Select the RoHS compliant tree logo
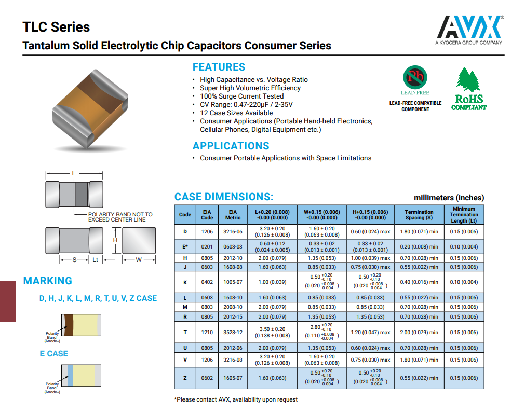[468, 88]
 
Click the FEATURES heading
[219, 67]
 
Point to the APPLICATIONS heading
[231, 146]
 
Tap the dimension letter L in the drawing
[74, 173]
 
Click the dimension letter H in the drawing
[116, 240]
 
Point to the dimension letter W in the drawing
[139, 260]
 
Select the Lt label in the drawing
[96, 260]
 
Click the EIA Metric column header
[233, 215]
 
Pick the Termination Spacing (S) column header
[419, 215]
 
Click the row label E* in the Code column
[185, 246]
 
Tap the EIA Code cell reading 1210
[207, 333]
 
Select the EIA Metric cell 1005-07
[233, 282]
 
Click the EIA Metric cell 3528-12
[233, 333]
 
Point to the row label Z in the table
[185, 378]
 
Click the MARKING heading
[47, 281]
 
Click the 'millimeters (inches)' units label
[449, 198]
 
